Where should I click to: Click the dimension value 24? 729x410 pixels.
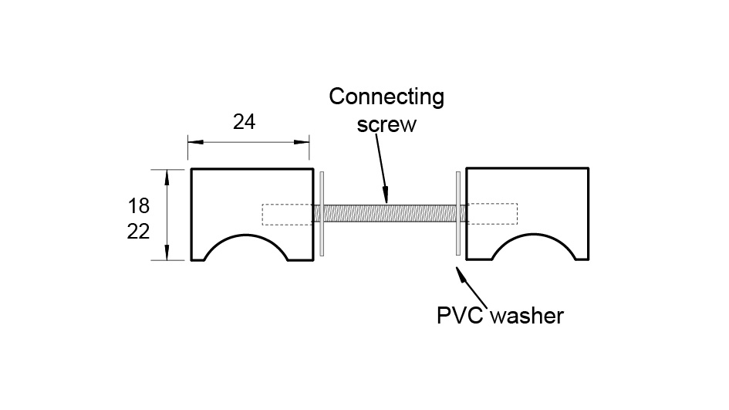[x=244, y=122]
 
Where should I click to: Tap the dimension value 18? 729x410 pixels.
[x=138, y=206]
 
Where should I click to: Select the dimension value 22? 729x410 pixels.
[x=138, y=232]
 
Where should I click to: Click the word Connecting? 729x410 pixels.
[x=386, y=98]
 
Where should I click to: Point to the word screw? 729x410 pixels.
[x=386, y=124]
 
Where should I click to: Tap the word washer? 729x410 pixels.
[x=528, y=315]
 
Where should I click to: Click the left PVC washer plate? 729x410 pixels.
[x=322, y=213]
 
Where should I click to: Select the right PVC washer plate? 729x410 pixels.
[x=459, y=213]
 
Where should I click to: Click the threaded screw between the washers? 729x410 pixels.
[x=390, y=213]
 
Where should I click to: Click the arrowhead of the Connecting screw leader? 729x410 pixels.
[x=387, y=197]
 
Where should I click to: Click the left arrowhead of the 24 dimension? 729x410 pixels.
[x=194, y=142]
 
